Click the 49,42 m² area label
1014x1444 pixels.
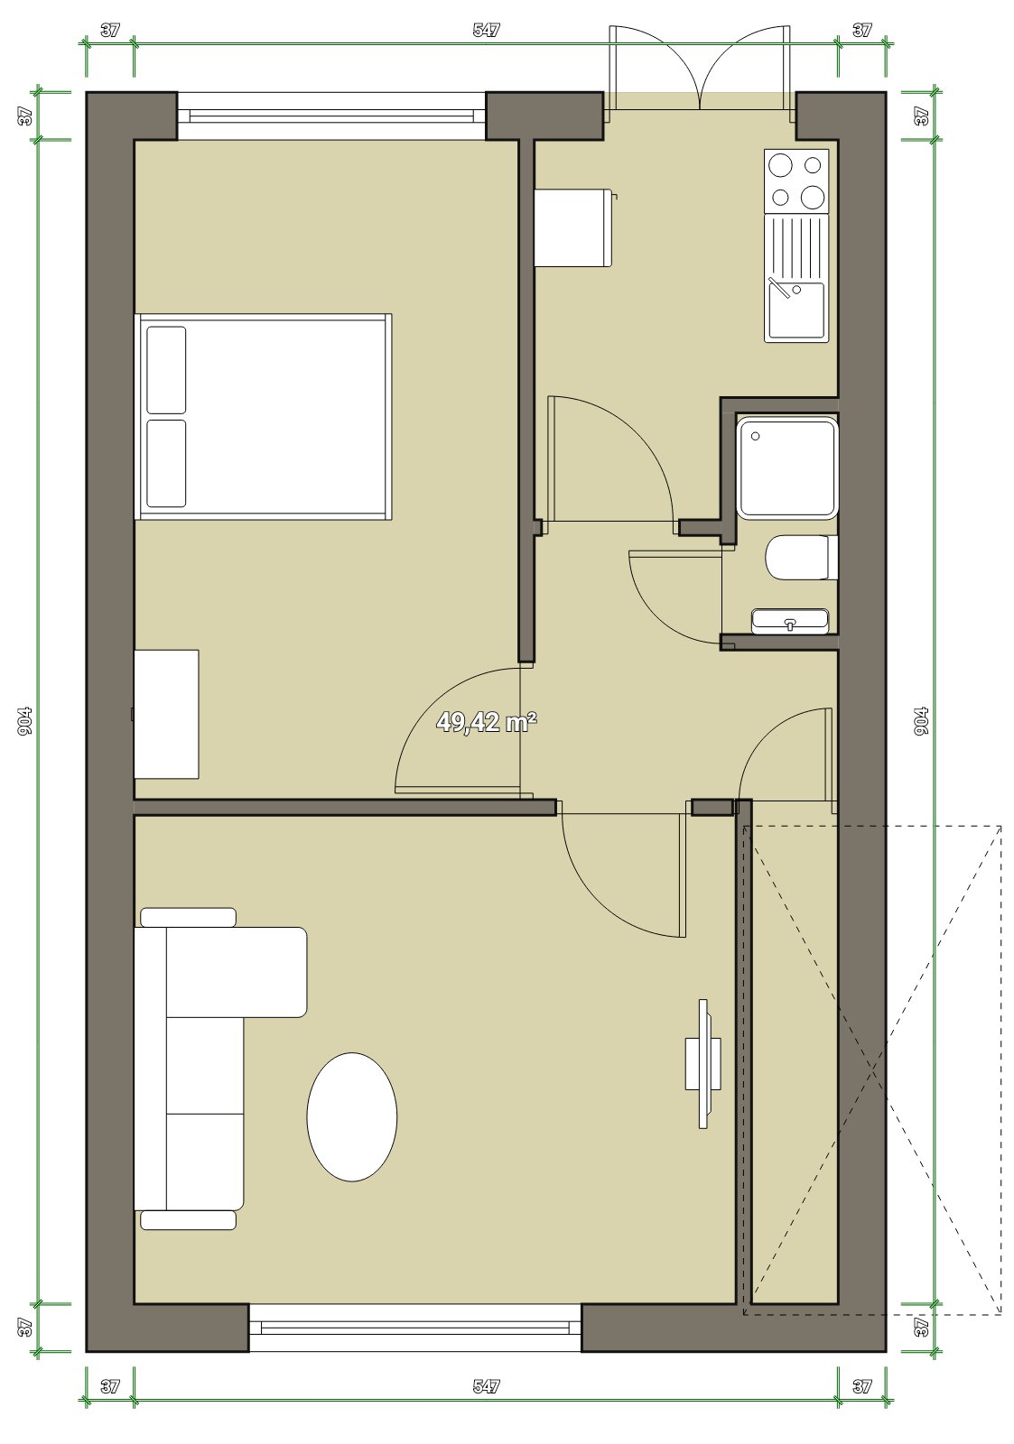point(487,722)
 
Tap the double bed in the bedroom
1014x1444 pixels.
point(263,416)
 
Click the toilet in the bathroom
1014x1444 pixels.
point(803,556)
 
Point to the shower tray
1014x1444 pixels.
point(787,467)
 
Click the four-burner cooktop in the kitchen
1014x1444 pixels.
point(796,181)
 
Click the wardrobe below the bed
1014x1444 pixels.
point(166,714)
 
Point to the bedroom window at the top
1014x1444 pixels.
point(331,116)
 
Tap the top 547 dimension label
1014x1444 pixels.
point(487,30)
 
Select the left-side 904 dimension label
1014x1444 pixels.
point(25,721)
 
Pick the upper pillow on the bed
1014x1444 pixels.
point(166,370)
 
